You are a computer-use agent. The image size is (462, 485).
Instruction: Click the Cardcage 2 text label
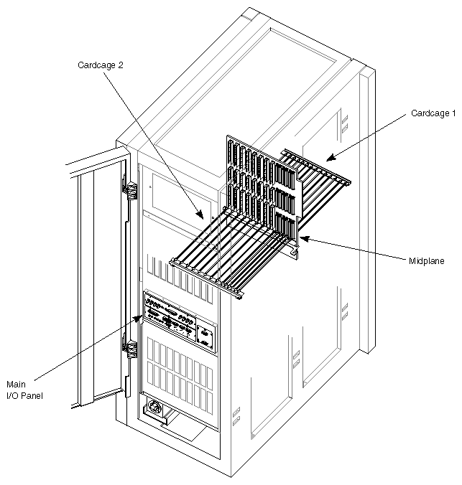tap(101, 65)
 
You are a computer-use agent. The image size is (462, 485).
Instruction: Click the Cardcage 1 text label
tap(433, 113)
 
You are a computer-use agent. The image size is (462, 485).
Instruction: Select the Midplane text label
tap(427, 261)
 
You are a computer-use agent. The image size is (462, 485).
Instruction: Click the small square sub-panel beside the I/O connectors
tap(205, 337)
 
